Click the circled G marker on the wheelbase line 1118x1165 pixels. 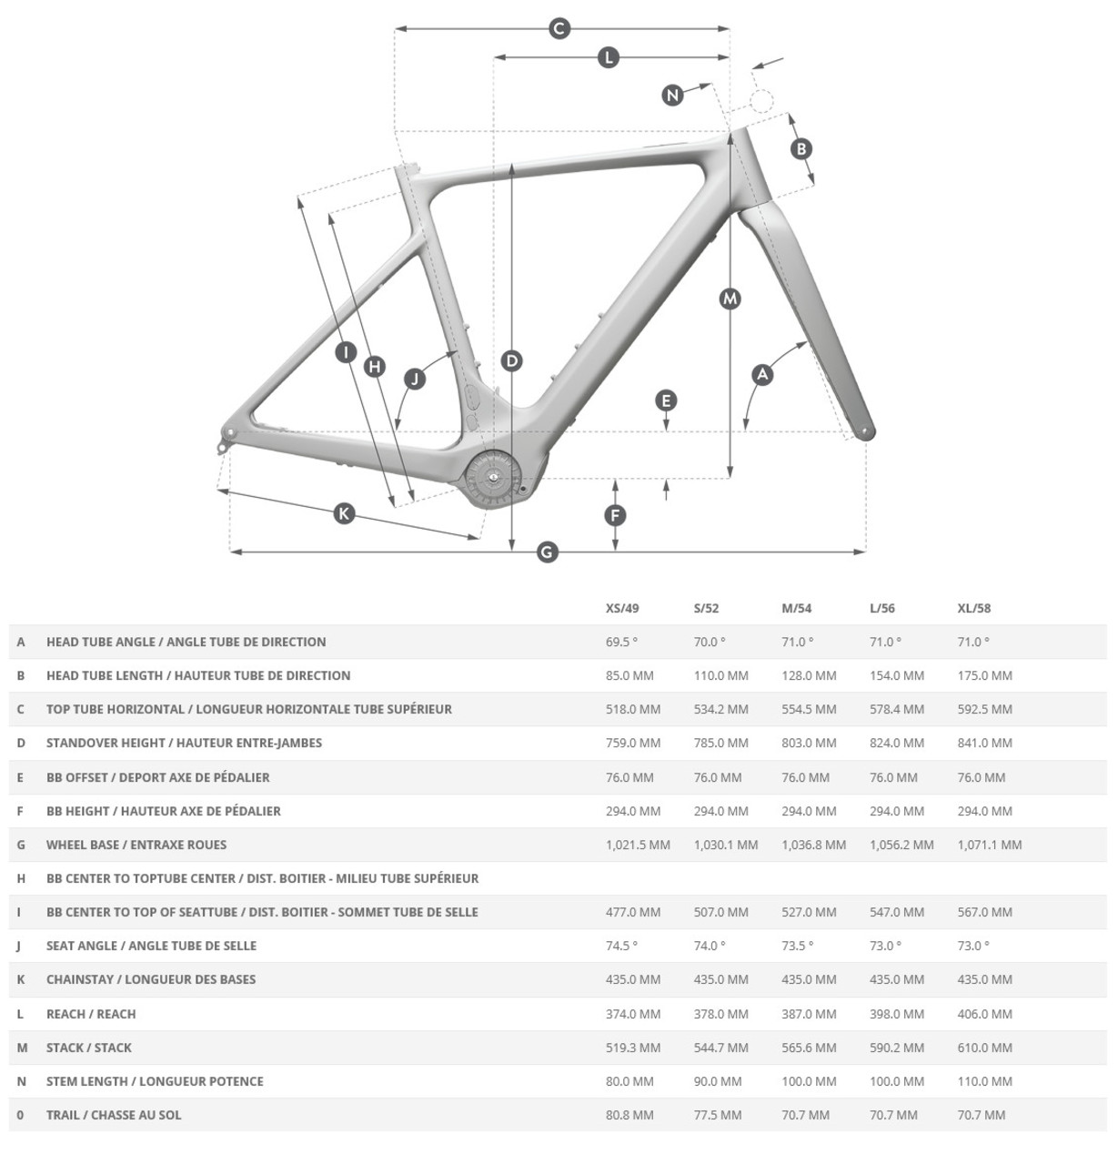(x=547, y=552)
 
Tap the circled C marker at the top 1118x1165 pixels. (x=559, y=28)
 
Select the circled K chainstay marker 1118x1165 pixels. (x=344, y=513)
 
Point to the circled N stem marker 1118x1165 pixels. (x=672, y=95)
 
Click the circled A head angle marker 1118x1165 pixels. (x=762, y=374)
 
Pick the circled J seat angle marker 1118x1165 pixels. (x=415, y=378)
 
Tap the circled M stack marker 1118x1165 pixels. (x=730, y=299)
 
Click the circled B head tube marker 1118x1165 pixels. (x=801, y=148)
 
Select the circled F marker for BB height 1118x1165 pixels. (x=616, y=516)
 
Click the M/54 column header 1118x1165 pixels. (x=796, y=608)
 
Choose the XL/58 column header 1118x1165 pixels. (x=973, y=608)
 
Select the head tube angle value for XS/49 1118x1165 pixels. (x=621, y=642)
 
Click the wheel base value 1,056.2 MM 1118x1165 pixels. (x=901, y=845)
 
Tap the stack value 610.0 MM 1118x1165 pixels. (x=984, y=1048)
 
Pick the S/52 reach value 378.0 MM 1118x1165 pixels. (x=720, y=1014)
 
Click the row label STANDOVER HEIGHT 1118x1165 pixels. (x=184, y=743)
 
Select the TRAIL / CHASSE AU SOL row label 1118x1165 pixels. (x=114, y=1115)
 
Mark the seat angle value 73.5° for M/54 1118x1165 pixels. (x=797, y=946)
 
